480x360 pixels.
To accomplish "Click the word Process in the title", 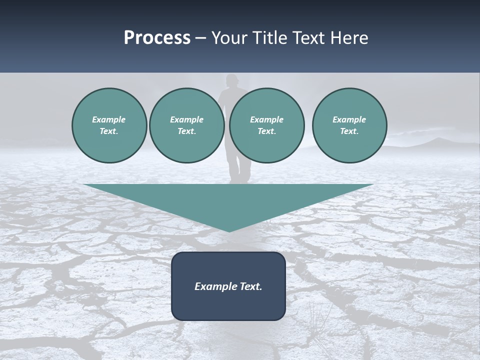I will (157, 38).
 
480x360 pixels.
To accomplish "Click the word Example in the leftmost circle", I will (109, 119).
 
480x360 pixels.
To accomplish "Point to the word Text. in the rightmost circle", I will (349, 131).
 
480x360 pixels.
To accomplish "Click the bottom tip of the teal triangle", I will (229, 231).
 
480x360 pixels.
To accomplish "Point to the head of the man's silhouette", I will (231, 81).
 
